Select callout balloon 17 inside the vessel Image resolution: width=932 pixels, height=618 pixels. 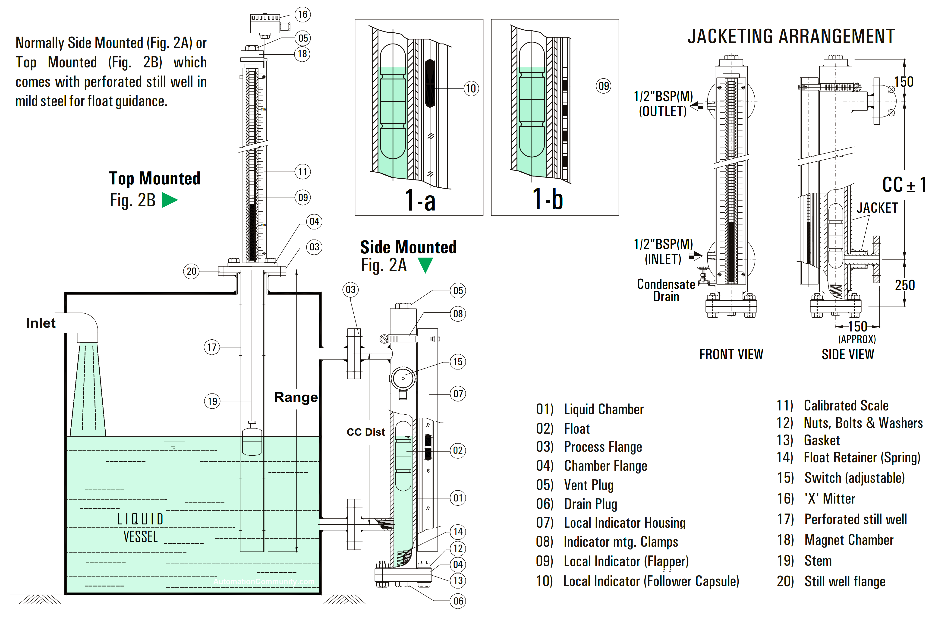click(212, 347)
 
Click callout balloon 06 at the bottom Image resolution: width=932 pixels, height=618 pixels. click(458, 601)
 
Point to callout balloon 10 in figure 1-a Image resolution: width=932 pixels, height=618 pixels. click(471, 88)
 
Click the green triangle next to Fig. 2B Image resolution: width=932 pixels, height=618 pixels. click(170, 200)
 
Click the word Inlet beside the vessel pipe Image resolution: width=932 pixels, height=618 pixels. click(41, 323)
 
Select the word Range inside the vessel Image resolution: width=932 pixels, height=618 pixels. click(296, 397)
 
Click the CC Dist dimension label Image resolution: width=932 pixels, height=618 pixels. click(366, 432)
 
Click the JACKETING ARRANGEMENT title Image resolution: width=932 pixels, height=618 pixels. click(791, 37)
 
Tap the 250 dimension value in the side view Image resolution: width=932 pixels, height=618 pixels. click(904, 285)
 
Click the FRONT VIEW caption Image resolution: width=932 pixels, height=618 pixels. click(731, 354)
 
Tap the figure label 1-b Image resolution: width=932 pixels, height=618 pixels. click(548, 199)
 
